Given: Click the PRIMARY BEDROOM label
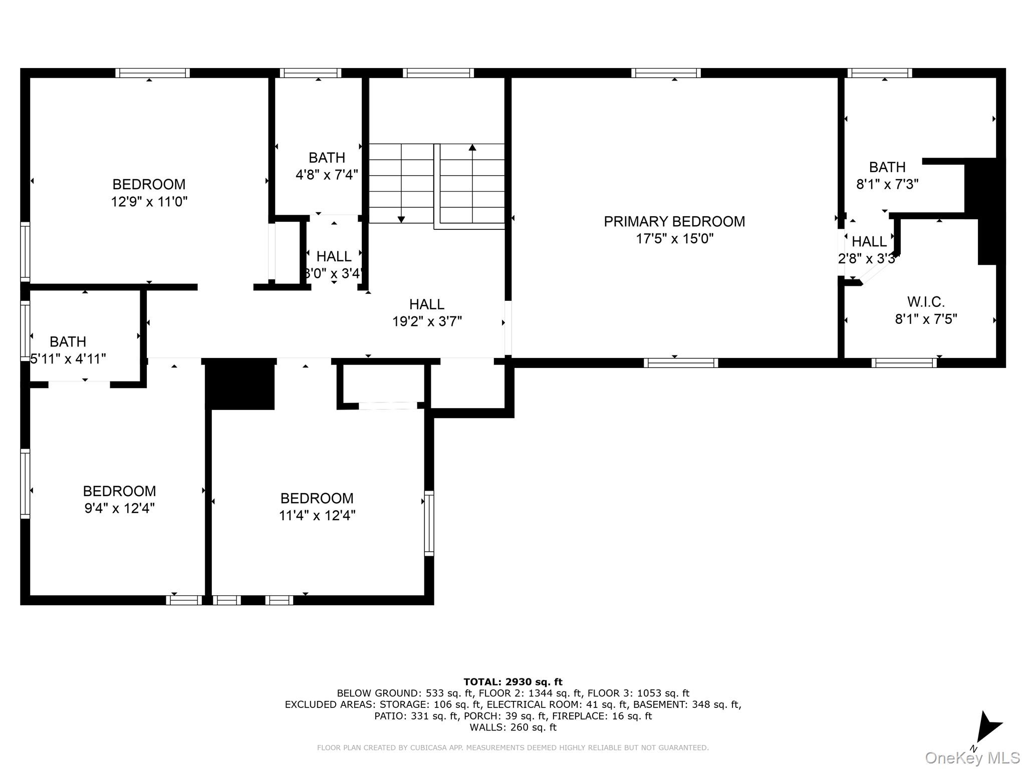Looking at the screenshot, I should click(x=674, y=221).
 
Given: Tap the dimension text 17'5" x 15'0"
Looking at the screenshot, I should click(x=674, y=239).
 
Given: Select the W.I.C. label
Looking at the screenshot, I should click(x=925, y=302).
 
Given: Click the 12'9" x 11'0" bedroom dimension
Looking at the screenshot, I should click(x=149, y=202).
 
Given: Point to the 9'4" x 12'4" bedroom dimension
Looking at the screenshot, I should click(x=119, y=508).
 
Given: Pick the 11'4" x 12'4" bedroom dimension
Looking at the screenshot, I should click(x=317, y=515).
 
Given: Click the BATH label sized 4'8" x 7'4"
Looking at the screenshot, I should click(x=327, y=158).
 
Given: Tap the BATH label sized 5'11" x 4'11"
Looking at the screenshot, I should click(x=68, y=342).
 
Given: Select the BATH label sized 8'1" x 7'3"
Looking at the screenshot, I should click(x=887, y=167).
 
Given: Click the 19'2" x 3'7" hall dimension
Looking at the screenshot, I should click(x=427, y=321).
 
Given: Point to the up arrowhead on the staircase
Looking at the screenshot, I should click(x=472, y=147).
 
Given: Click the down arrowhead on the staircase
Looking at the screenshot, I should click(x=401, y=219).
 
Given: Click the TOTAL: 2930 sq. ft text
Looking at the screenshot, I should click(x=512, y=682).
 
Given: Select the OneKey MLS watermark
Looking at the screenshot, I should click(x=972, y=758).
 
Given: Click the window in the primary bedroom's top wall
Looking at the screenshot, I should click(x=666, y=73).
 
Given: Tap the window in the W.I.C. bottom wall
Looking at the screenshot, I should click(x=904, y=363).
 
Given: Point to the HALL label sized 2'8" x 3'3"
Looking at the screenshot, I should click(x=869, y=242).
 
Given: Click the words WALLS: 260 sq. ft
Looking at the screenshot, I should click(x=512, y=727).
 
